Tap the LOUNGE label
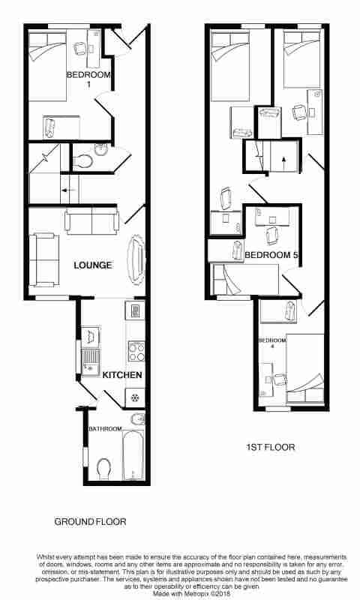coord(93,265)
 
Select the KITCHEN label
coord(122,374)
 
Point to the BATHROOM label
coord(105,429)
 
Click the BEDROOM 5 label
coord(272,256)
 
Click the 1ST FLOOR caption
coord(270,448)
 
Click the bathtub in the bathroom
coord(133,455)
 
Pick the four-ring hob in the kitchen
coord(136,351)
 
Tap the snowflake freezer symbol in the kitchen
coord(135,397)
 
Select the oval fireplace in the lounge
coord(136,260)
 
